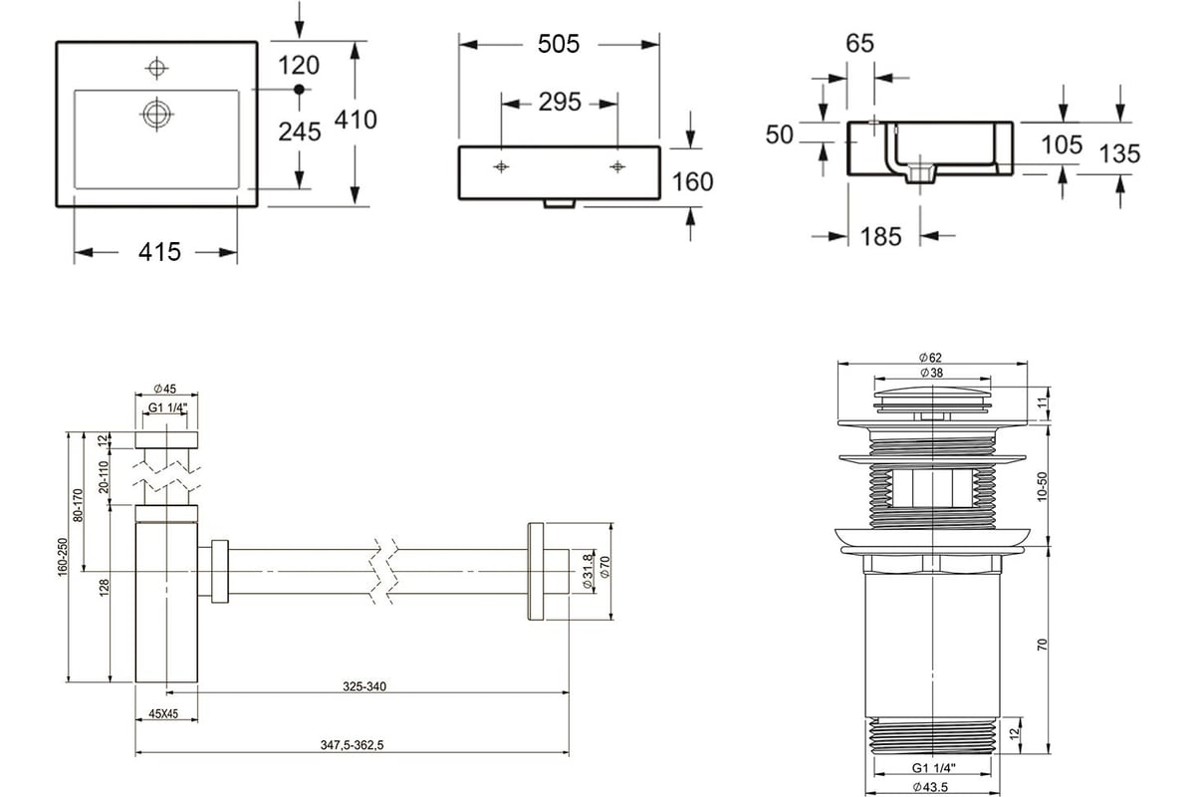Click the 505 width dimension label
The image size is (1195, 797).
[559, 44]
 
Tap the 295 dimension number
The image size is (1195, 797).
[560, 102]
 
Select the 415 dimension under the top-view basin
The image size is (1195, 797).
[159, 252]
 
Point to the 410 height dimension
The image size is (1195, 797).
[356, 120]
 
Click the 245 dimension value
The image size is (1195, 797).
[300, 132]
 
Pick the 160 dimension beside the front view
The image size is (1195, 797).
[692, 182]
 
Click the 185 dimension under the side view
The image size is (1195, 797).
[880, 236]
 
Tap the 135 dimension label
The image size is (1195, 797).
[1119, 154]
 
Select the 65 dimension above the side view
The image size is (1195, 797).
[859, 43]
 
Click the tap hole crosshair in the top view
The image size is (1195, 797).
[157, 69]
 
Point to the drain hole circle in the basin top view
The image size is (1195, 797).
[157, 114]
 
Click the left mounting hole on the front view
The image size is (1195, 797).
[501, 167]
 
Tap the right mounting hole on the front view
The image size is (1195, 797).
[617, 167]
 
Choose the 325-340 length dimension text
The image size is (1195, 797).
[364, 686]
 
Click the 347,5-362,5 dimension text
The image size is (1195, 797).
[353, 745]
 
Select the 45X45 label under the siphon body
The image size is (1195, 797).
[163, 713]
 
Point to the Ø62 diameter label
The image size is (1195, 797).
[930, 358]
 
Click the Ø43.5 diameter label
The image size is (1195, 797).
[930, 787]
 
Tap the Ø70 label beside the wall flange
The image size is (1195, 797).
[605, 567]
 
